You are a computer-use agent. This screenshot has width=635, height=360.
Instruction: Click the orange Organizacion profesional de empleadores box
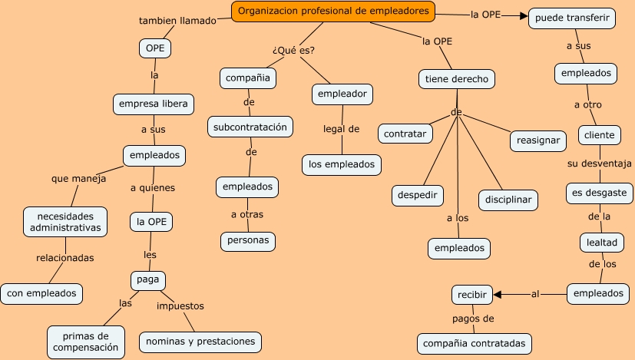[x=333, y=12]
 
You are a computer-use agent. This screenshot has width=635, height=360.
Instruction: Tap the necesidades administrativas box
[x=65, y=221]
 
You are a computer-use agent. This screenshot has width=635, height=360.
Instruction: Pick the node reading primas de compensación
[x=86, y=342]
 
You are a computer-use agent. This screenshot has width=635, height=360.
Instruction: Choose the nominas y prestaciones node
[x=200, y=340]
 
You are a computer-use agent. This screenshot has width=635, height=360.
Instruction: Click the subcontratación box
[x=250, y=126]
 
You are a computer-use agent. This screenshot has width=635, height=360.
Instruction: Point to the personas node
[x=247, y=240]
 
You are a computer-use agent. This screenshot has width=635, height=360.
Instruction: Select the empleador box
[x=342, y=94]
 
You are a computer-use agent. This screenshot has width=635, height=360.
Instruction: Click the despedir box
[x=418, y=195]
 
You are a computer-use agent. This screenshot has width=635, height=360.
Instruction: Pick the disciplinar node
[x=508, y=200]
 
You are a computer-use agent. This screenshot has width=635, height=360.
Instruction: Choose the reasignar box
[x=537, y=140]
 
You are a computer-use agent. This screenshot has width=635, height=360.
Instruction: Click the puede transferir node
[x=573, y=18]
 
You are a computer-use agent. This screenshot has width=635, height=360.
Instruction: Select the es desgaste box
[x=599, y=192]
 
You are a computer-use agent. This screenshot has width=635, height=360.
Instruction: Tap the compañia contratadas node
[x=474, y=342]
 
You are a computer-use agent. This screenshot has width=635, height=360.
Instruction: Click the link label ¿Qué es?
[x=293, y=51]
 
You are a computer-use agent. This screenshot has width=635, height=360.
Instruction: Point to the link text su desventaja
[x=599, y=163]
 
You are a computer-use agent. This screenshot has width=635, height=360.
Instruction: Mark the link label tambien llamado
[x=177, y=21]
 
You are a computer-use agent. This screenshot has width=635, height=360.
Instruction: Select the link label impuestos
[x=180, y=306]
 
